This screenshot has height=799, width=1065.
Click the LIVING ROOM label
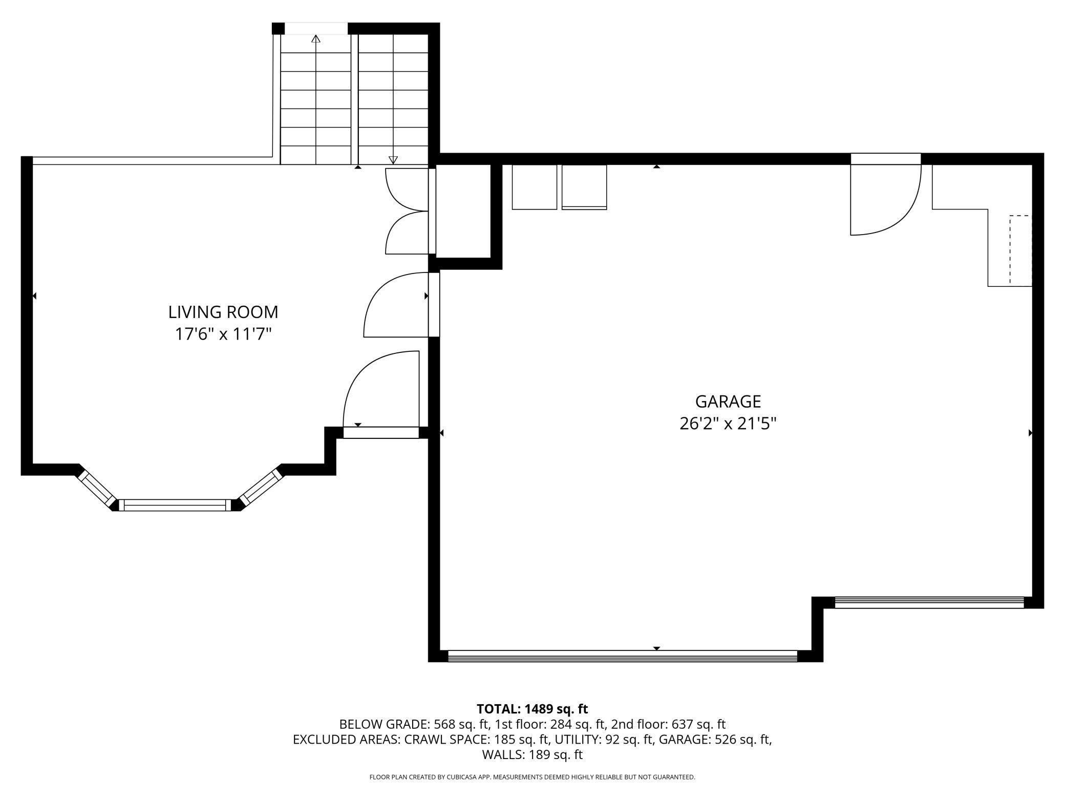(x=223, y=312)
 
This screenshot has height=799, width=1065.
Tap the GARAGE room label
(x=728, y=401)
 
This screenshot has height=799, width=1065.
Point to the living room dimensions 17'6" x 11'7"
(x=223, y=334)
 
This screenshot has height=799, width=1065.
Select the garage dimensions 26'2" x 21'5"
(x=728, y=424)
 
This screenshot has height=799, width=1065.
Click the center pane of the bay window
(x=175, y=505)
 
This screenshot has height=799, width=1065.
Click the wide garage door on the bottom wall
(x=623, y=657)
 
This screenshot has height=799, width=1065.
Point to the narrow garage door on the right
(x=929, y=602)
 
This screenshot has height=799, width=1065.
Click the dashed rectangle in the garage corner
(x=1020, y=249)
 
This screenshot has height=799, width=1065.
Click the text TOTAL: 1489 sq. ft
(x=532, y=709)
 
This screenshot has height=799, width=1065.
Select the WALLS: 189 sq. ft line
(x=532, y=754)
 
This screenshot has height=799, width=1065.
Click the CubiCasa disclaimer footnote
(x=532, y=777)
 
